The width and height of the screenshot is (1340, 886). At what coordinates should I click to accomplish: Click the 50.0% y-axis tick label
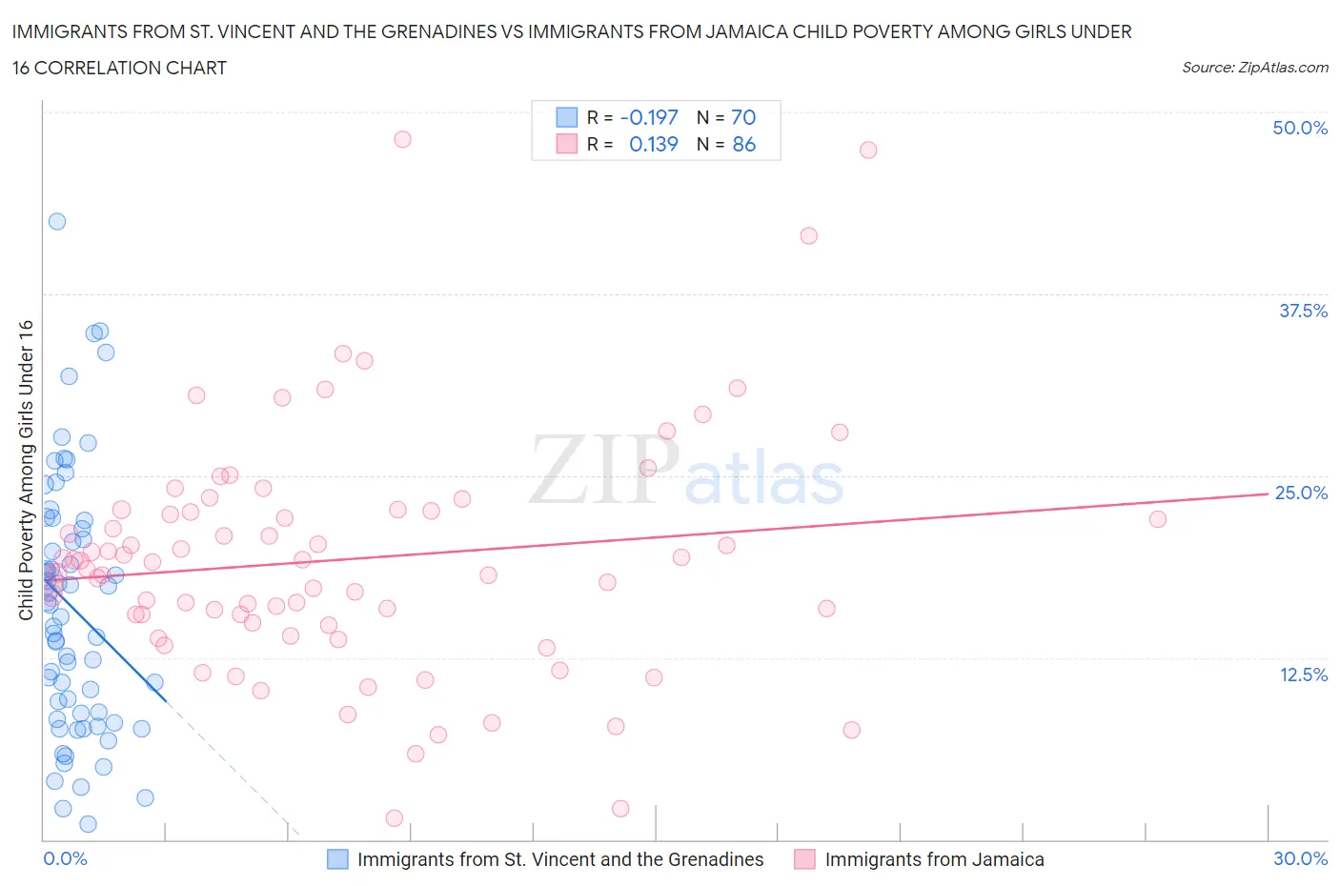(x=1300, y=128)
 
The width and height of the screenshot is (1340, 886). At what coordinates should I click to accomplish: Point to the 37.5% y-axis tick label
(x=1303, y=311)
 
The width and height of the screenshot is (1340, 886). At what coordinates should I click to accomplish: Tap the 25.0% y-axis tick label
(x=1301, y=493)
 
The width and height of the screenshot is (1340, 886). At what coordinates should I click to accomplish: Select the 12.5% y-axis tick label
(x=1303, y=675)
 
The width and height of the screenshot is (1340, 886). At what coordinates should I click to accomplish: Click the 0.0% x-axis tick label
(x=65, y=858)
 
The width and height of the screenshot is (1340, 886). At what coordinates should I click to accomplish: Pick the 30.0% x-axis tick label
(x=1300, y=858)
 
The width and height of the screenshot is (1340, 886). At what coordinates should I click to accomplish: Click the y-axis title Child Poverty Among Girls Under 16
(x=26, y=470)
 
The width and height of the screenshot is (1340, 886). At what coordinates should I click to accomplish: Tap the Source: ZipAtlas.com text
(x=1254, y=67)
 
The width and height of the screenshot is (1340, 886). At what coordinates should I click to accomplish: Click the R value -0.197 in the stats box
(x=648, y=117)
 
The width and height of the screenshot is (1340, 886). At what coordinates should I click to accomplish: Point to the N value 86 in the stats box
(x=743, y=144)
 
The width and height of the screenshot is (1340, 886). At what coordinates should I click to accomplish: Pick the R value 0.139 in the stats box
(x=653, y=144)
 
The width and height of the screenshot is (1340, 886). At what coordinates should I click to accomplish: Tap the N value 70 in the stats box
(x=743, y=117)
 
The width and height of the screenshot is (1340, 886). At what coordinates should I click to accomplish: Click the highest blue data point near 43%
(x=57, y=221)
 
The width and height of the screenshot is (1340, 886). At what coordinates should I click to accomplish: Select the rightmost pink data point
(x=1158, y=519)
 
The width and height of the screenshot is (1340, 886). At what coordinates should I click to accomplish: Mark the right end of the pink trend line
(x=1266, y=493)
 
